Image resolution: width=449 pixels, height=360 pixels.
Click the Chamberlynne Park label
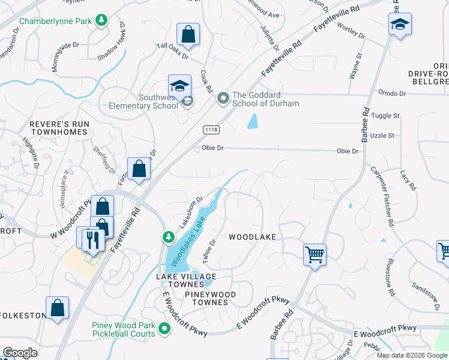pos(56,21)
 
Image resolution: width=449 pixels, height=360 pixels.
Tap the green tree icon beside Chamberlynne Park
pos(102,21)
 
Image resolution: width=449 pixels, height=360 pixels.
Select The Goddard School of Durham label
pos(265,98)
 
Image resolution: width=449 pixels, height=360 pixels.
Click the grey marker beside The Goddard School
pos(223,97)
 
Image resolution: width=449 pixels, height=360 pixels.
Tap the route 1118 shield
pos(211,130)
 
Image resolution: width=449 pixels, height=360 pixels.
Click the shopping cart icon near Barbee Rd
pos(315,254)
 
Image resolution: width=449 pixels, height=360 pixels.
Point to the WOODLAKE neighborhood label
pos(252,237)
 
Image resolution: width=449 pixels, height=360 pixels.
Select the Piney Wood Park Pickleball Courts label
pos(124,329)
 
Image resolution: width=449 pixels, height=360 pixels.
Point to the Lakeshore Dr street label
pos(192,212)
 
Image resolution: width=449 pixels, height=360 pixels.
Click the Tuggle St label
pos(385,115)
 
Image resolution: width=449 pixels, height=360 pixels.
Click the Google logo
pos(20,353)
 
